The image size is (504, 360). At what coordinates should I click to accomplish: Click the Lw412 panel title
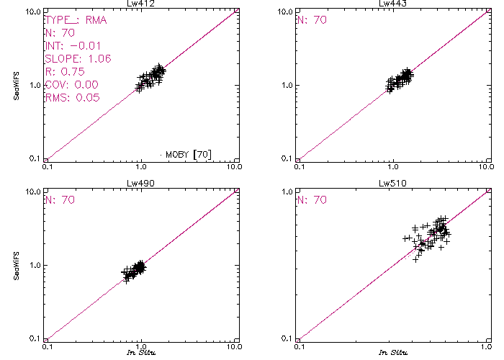click(x=140, y=4)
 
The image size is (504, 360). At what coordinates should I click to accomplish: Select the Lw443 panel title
click(x=392, y=4)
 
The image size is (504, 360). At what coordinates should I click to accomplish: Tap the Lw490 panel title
click(x=140, y=184)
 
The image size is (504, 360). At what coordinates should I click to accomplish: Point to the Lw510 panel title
click(x=392, y=184)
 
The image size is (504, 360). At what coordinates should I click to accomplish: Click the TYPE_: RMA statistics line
click(x=76, y=20)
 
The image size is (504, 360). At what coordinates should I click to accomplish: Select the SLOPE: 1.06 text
click(x=78, y=59)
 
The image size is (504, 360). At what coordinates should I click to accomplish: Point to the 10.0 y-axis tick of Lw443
click(x=284, y=12)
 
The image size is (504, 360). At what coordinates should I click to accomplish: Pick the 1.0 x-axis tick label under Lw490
click(x=141, y=346)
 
